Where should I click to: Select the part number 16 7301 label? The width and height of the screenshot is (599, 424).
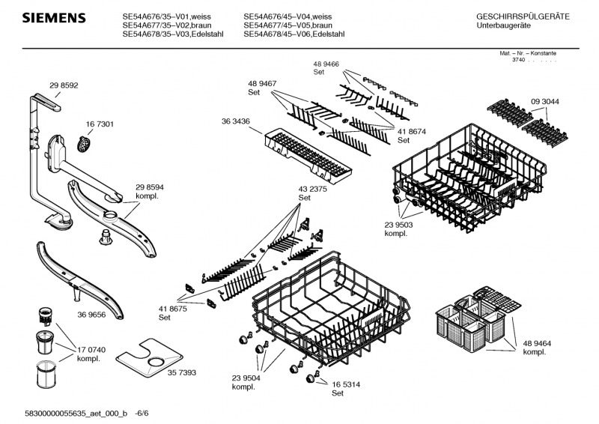tap(100, 124)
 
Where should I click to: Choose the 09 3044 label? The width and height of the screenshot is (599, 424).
tap(545, 101)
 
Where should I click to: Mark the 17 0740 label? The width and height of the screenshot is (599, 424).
tap(91, 350)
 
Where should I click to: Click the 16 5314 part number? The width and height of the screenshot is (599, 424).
tap(346, 384)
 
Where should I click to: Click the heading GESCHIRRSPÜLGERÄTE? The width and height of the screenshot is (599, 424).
tap(523, 16)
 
